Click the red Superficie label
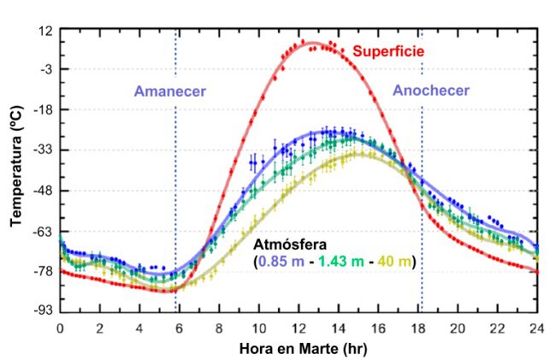pos(388,52)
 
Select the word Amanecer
pos(169,91)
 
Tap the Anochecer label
pos(432,91)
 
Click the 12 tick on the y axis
pos(44,30)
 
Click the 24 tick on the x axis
pos(538,328)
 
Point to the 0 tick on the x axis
pos(60,328)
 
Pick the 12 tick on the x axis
pos(299,328)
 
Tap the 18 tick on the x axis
pos(418,328)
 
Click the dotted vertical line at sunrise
pos(176,171)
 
